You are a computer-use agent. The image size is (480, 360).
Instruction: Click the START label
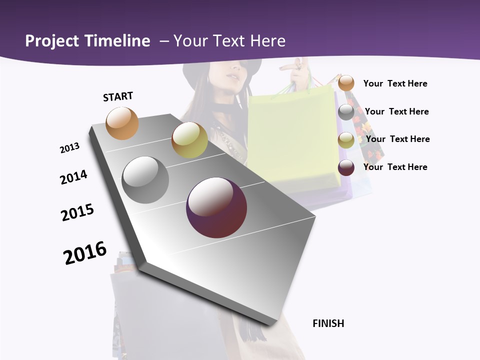(x=118, y=96)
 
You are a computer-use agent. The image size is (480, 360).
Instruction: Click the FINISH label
(x=328, y=323)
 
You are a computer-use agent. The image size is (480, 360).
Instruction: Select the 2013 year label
(x=70, y=148)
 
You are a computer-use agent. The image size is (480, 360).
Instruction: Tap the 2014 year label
(x=74, y=177)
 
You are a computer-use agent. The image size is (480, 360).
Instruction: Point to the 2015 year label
(x=77, y=212)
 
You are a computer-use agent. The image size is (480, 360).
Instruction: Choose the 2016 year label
(x=85, y=252)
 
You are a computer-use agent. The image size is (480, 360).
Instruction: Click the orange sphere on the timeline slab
(x=122, y=123)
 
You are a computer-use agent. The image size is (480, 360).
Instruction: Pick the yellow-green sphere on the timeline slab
(x=189, y=140)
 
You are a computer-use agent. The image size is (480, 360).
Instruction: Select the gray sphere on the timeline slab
(x=145, y=180)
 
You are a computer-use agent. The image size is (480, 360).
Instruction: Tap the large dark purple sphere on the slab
(x=216, y=207)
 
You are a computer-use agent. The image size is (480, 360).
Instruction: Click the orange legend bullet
(x=346, y=83)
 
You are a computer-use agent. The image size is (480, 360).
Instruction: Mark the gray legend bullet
(x=346, y=112)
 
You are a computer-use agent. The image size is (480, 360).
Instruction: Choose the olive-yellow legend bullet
(x=346, y=140)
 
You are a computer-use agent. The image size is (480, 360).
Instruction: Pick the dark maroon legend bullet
(x=346, y=167)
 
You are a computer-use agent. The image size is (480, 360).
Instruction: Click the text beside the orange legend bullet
(x=395, y=83)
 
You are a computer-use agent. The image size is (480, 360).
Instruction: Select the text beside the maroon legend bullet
(x=395, y=167)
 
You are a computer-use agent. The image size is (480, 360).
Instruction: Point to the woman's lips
(x=232, y=77)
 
